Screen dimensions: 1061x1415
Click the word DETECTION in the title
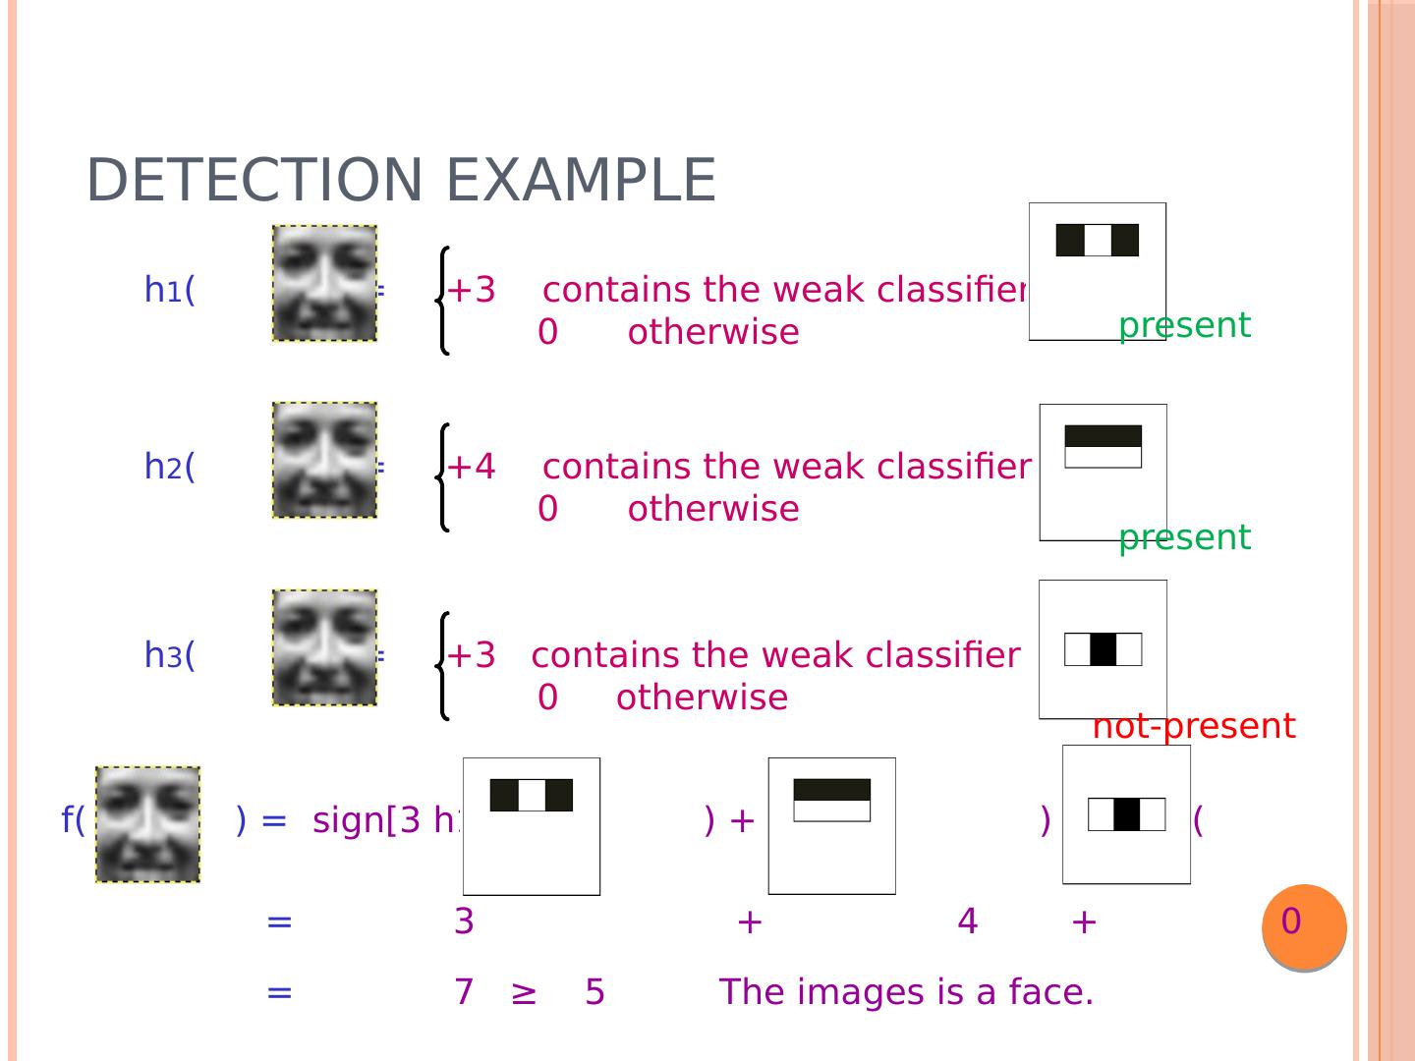pyautogui.click(x=254, y=181)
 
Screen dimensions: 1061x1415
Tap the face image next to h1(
pyautogui.click(x=324, y=283)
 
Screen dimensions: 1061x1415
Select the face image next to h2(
pyautogui.click(x=324, y=460)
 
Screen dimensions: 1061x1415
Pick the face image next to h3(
pyautogui.click(x=324, y=647)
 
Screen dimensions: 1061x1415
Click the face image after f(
pyautogui.click(x=147, y=824)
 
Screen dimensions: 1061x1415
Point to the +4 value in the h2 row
pyautogui.click(x=472, y=466)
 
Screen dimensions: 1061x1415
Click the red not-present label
pyautogui.click(x=1193, y=726)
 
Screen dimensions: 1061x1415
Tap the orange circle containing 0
pyautogui.click(x=1304, y=925)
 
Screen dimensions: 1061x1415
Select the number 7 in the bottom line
pyautogui.click(x=464, y=992)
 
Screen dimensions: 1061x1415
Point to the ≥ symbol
pyautogui.click(x=524, y=993)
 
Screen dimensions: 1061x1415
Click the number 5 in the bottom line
pyautogui.click(x=594, y=992)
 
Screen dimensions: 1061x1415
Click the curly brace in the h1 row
pyautogui.click(x=443, y=300)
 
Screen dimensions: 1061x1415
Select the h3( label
pyautogui.click(x=170, y=654)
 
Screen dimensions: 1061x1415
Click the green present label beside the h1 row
pyautogui.click(x=1184, y=325)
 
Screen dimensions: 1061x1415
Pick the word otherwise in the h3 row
pyautogui.click(x=702, y=698)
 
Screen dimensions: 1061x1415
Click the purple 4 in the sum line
pyautogui.click(x=967, y=921)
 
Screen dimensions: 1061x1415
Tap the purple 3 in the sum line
pyautogui.click(x=464, y=921)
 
